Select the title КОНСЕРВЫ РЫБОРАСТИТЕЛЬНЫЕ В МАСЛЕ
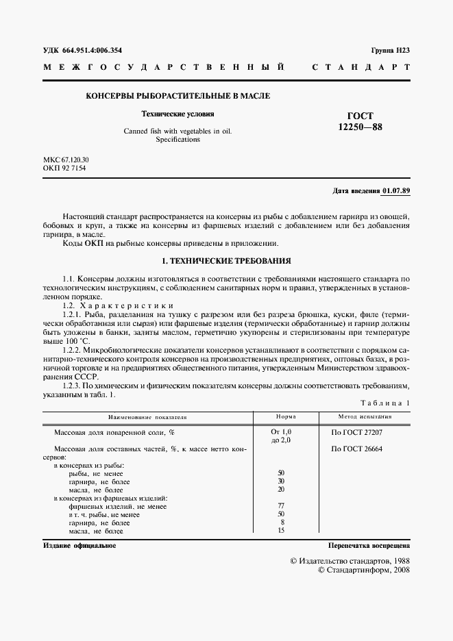(x=177, y=96)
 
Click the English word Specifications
(x=177, y=140)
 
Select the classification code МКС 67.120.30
(x=66, y=160)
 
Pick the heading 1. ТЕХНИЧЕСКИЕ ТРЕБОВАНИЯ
(x=226, y=261)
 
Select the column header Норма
(x=286, y=416)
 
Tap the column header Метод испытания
(x=365, y=416)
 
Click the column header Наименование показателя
(x=147, y=416)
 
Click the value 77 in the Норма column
(x=281, y=506)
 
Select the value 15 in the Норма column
(x=281, y=531)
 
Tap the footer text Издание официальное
(x=79, y=546)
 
